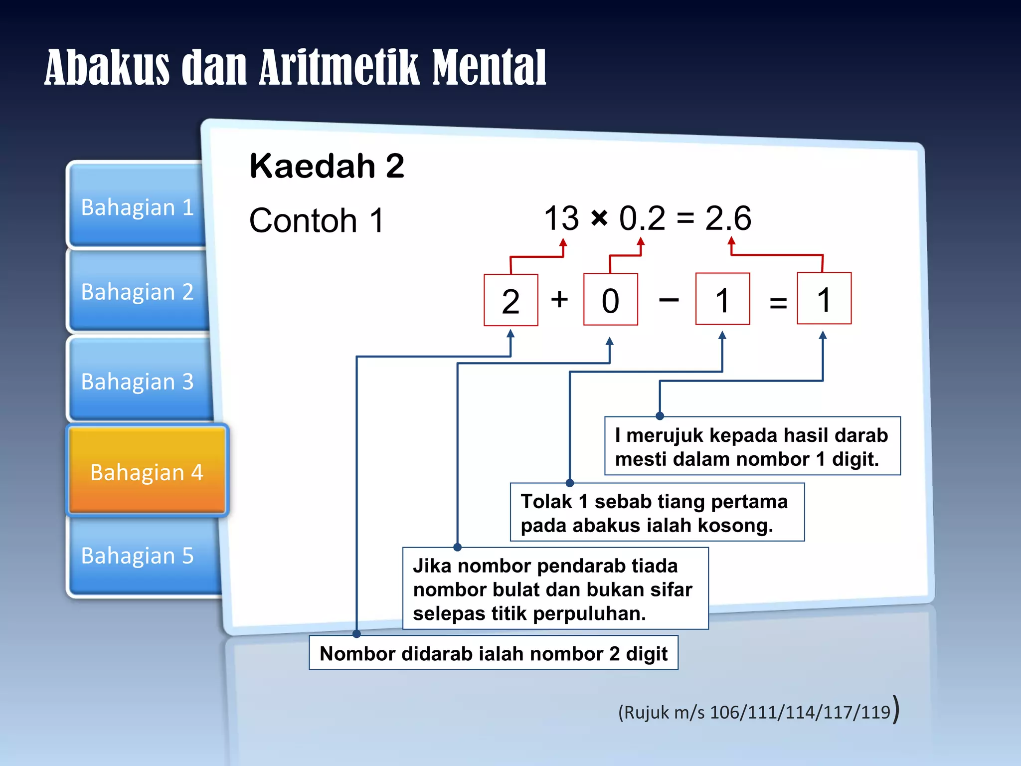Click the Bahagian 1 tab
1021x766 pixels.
pos(137,206)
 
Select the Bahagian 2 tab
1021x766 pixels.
pos(137,291)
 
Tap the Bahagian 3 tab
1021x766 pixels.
pos(137,381)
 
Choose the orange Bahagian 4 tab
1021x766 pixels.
pos(147,471)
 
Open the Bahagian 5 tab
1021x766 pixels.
pos(137,555)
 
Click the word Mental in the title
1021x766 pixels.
pos(489,68)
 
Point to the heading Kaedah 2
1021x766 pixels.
pos(327,166)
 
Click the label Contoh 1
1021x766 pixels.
pos(317,220)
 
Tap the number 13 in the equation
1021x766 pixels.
pos(561,218)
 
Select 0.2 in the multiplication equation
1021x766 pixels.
pos(642,218)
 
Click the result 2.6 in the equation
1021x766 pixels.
pos(728,218)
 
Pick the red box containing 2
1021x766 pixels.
pos(510,300)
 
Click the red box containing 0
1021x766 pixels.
pos(610,300)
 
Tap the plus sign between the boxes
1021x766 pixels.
pos(559,299)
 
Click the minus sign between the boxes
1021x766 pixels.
pos(669,300)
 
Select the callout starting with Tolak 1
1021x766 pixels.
pos(657,513)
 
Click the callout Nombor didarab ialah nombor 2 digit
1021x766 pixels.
pos(493,653)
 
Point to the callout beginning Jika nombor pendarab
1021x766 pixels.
pos(555,589)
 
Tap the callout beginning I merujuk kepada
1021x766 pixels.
pos(752,446)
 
